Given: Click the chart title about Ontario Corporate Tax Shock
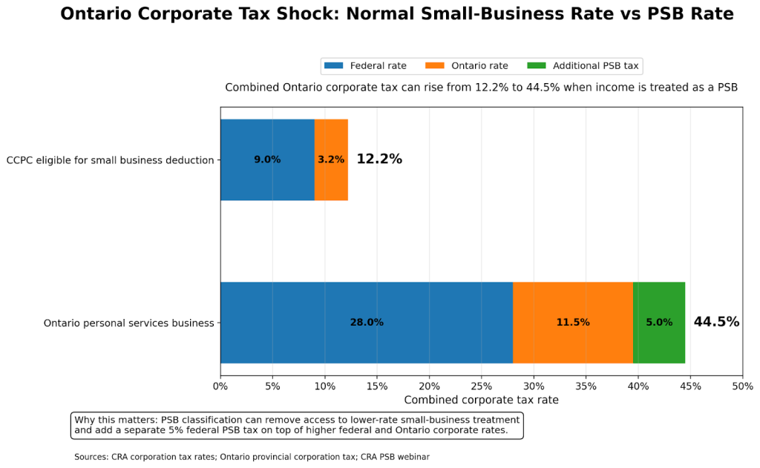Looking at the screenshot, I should (x=396, y=14).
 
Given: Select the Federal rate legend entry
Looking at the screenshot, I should (x=365, y=66).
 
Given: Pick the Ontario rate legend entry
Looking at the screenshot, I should (x=467, y=66).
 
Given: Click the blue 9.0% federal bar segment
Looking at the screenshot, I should (x=267, y=159).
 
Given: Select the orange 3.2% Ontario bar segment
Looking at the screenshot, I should (x=331, y=159).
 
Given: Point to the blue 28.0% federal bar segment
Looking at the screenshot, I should (x=367, y=323).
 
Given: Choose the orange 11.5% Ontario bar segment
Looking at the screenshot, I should (x=573, y=323).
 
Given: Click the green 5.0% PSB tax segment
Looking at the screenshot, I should (x=659, y=323).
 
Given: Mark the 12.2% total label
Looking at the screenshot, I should (x=379, y=159).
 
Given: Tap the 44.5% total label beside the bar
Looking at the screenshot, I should (x=716, y=322).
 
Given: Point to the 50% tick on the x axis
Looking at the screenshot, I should (x=742, y=386).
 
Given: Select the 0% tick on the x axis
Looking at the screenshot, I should (x=220, y=386).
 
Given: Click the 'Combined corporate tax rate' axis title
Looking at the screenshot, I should (x=481, y=401).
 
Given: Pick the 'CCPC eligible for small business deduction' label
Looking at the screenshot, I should (x=110, y=160).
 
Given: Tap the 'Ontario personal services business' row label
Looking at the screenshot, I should (x=128, y=323).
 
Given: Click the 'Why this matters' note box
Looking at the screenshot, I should (x=297, y=426).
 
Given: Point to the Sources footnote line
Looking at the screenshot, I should (x=252, y=458).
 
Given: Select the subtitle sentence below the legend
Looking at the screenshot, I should (x=481, y=88).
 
